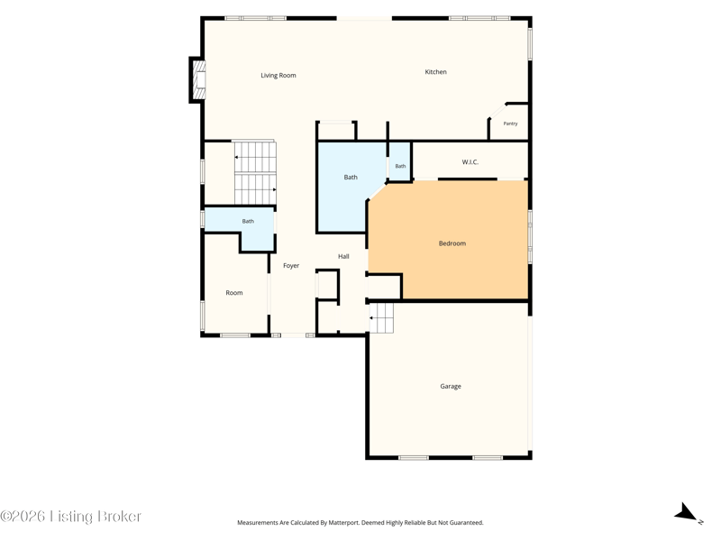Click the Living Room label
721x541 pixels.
278,76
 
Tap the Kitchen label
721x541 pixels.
435,72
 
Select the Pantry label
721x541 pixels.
510,124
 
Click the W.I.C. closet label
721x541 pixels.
470,162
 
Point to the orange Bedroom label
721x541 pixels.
452,243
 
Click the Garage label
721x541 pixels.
451,387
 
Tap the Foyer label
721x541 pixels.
291,266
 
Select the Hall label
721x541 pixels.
343,257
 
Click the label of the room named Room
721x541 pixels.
234,293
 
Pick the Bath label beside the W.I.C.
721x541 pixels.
400,166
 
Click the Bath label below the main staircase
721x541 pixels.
248,221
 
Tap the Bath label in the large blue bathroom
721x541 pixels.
351,177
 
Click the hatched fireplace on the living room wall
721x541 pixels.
198,80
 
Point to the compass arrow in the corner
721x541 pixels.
687,512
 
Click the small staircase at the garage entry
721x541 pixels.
382,318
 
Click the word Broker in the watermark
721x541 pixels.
119,516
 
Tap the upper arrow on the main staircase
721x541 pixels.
237,157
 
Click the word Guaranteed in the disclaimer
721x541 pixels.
466,523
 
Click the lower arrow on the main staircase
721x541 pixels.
274,189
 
